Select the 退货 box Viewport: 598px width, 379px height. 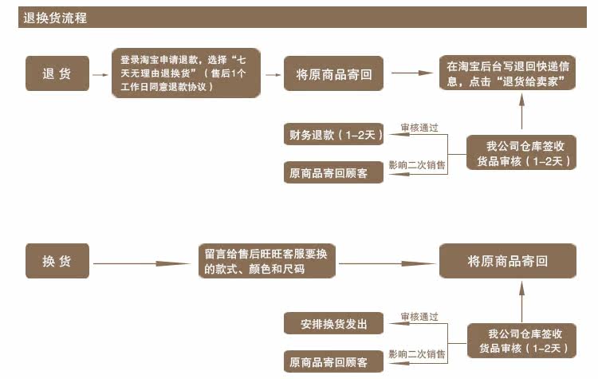tap(57, 73)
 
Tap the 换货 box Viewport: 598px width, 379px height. tap(57, 262)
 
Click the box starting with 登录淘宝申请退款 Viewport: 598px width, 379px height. tap(186, 73)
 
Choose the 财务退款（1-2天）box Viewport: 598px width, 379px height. tap(333, 135)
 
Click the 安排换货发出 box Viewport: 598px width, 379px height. tap(333, 323)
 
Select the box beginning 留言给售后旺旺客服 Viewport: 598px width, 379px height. tap(266, 262)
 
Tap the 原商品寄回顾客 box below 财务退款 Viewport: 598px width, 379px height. tap(333, 172)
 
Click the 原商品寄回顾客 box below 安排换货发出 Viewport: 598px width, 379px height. tap(333, 361)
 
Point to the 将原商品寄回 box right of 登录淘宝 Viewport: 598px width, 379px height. tap(334, 73)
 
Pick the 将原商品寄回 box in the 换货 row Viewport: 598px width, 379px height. tap(507, 262)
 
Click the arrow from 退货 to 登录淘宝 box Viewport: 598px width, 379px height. tap(100, 74)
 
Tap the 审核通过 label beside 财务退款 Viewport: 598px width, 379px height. tap(419, 128)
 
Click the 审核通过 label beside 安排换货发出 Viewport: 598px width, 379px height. tap(419, 316)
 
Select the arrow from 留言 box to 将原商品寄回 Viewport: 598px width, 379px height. tap(386, 263)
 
